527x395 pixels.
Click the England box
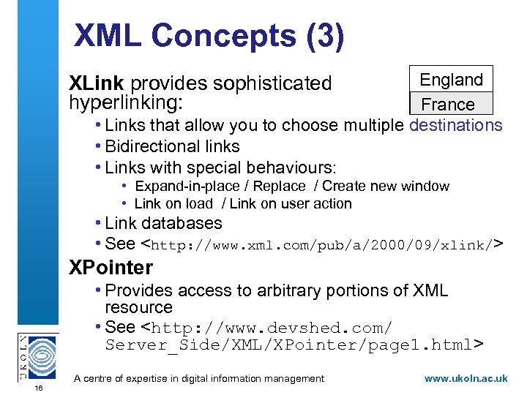(x=451, y=80)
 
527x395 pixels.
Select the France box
(x=448, y=104)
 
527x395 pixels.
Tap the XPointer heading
(x=111, y=268)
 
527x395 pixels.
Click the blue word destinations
(x=456, y=125)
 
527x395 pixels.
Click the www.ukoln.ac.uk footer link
(x=466, y=378)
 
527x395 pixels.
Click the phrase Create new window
(x=386, y=187)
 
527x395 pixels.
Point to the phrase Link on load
(x=173, y=204)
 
